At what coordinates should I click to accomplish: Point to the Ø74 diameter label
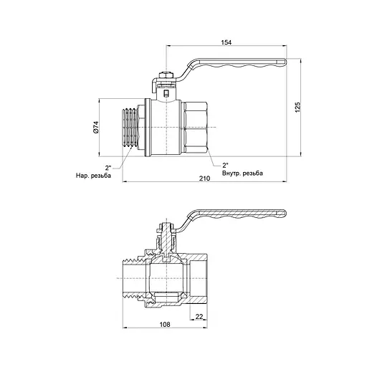95,128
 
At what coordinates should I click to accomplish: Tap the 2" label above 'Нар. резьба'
108,167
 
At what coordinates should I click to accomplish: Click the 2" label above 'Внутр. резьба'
224,164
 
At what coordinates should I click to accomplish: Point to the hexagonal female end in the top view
196,128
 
